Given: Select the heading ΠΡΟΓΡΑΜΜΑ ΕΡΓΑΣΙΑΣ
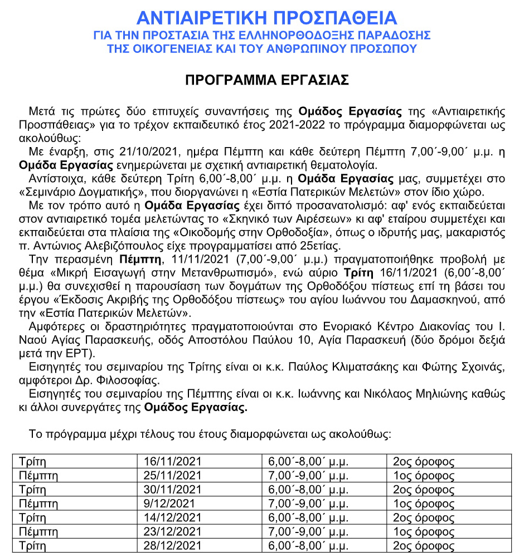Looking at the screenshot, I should coord(267,80).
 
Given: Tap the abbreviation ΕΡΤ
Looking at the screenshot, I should coord(82,354).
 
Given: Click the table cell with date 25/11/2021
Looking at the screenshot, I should coord(172,475).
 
